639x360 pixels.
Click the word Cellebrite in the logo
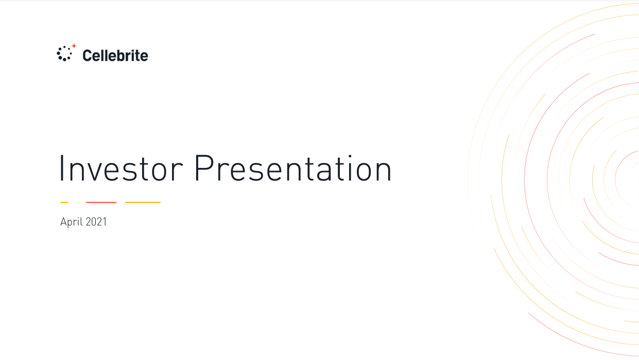(x=115, y=55)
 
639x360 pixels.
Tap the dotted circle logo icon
(x=64, y=54)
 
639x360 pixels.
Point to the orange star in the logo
(x=74, y=46)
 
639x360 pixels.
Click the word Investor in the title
(x=121, y=168)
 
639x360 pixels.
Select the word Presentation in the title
(x=293, y=168)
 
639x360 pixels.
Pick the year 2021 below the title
(x=96, y=221)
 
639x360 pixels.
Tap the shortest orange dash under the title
(x=64, y=202)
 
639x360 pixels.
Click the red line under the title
(x=101, y=202)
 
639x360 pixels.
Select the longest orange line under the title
(x=143, y=202)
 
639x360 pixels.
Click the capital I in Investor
(x=61, y=168)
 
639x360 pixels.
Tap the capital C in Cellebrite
(x=88, y=55)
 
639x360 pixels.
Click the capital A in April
(x=63, y=221)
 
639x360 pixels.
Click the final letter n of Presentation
(x=383, y=172)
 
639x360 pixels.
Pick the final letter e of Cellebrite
(x=144, y=57)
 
